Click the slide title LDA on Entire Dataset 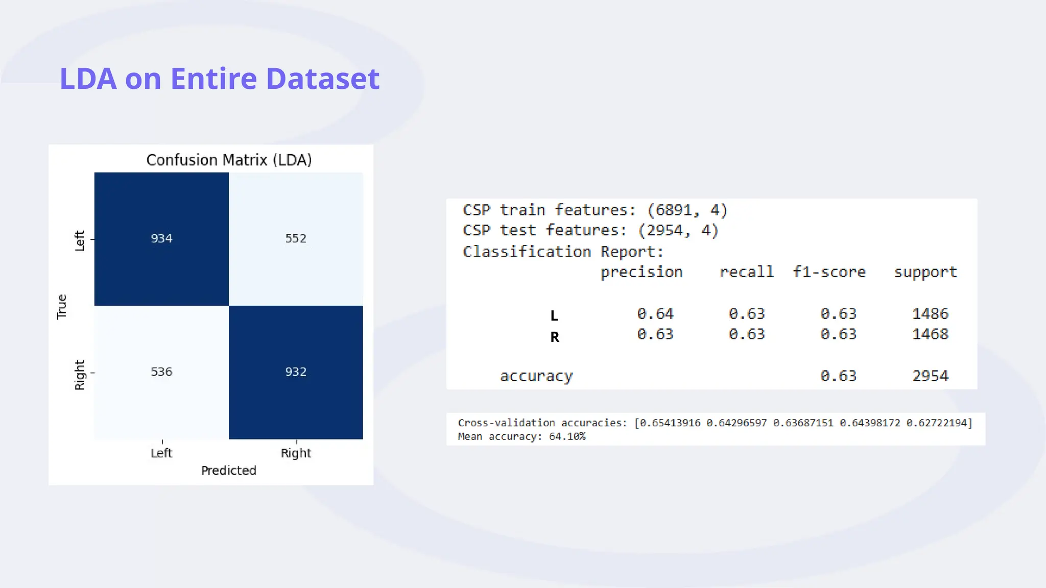click(x=219, y=79)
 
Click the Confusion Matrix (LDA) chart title click(x=229, y=160)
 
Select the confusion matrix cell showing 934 click(x=161, y=238)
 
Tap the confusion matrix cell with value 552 click(x=296, y=238)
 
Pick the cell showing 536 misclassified click(x=161, y=372)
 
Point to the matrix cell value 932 click(x=296, y=372)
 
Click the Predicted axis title click(x=228, y=471)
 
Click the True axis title click(x=62, y=307)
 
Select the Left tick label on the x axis click(x=161, y=453)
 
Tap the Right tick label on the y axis click(x=80, y=375)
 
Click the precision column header click(x=641, y=272)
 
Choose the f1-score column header click(x=829, y=272)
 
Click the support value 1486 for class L click(x=930, y=314)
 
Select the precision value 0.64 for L click(x=655, y=314)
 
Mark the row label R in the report click(x=555, y=337)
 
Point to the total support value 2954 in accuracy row click(x=930, y=376)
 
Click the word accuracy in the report click(x=536, y=376)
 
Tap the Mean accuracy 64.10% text click(x=521, y=436)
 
